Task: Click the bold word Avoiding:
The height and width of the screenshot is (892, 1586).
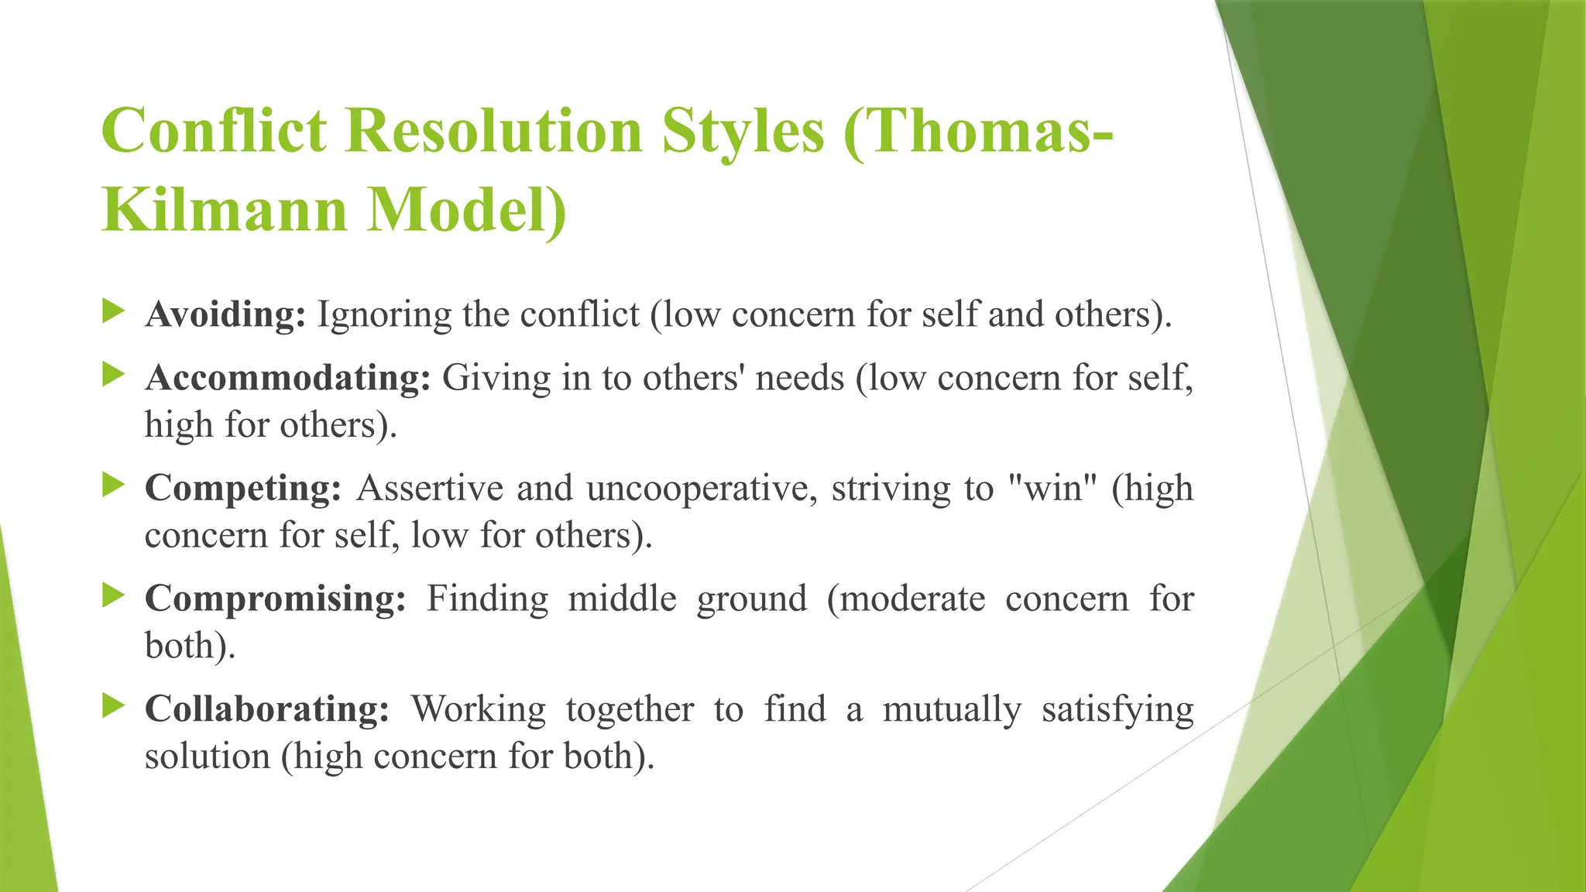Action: point(225,315)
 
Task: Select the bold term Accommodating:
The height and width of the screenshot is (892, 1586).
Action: point(287,379)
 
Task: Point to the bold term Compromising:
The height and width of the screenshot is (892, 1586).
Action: point(276,599)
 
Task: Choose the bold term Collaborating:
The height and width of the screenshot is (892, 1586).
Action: point(267,709)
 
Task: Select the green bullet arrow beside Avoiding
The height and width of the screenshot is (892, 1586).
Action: point(114,312)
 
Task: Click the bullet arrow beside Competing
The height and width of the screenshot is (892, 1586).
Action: point(114,486)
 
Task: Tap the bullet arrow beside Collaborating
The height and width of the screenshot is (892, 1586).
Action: point(114,705)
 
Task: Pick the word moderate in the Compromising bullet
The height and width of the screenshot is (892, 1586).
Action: point(906,599)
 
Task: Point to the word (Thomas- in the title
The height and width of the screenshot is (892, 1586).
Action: point(978,130)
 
